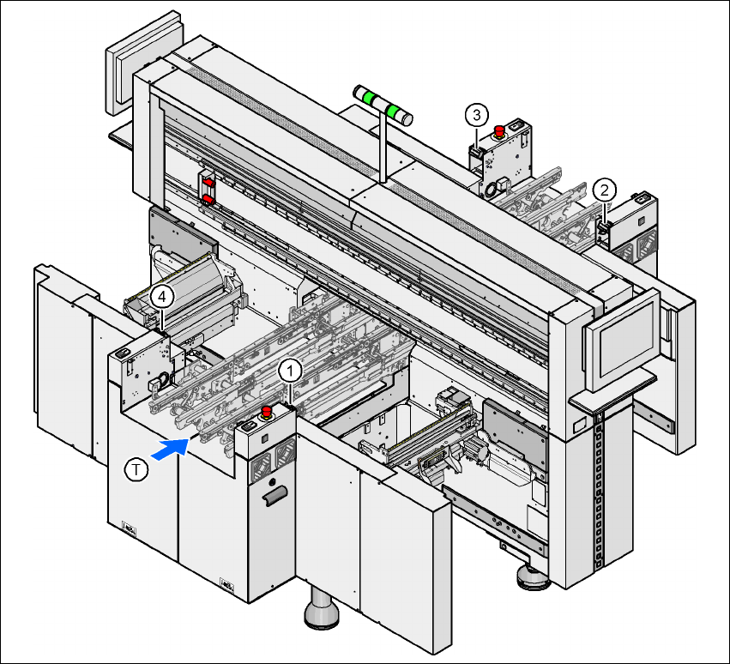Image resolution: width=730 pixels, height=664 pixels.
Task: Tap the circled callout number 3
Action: (478, 113)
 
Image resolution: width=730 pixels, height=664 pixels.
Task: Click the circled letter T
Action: (136, 469)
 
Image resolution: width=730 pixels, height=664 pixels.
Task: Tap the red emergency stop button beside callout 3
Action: (498, 130)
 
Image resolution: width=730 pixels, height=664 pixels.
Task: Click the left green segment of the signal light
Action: (370, 99)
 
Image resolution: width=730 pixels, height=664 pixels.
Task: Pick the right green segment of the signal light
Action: (395, 112)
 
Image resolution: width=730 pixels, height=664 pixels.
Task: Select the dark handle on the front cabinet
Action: (275, 497)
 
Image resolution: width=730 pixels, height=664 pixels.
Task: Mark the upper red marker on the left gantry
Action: (208, 183)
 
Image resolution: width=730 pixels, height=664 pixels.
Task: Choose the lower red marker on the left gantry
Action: (208, 200)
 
